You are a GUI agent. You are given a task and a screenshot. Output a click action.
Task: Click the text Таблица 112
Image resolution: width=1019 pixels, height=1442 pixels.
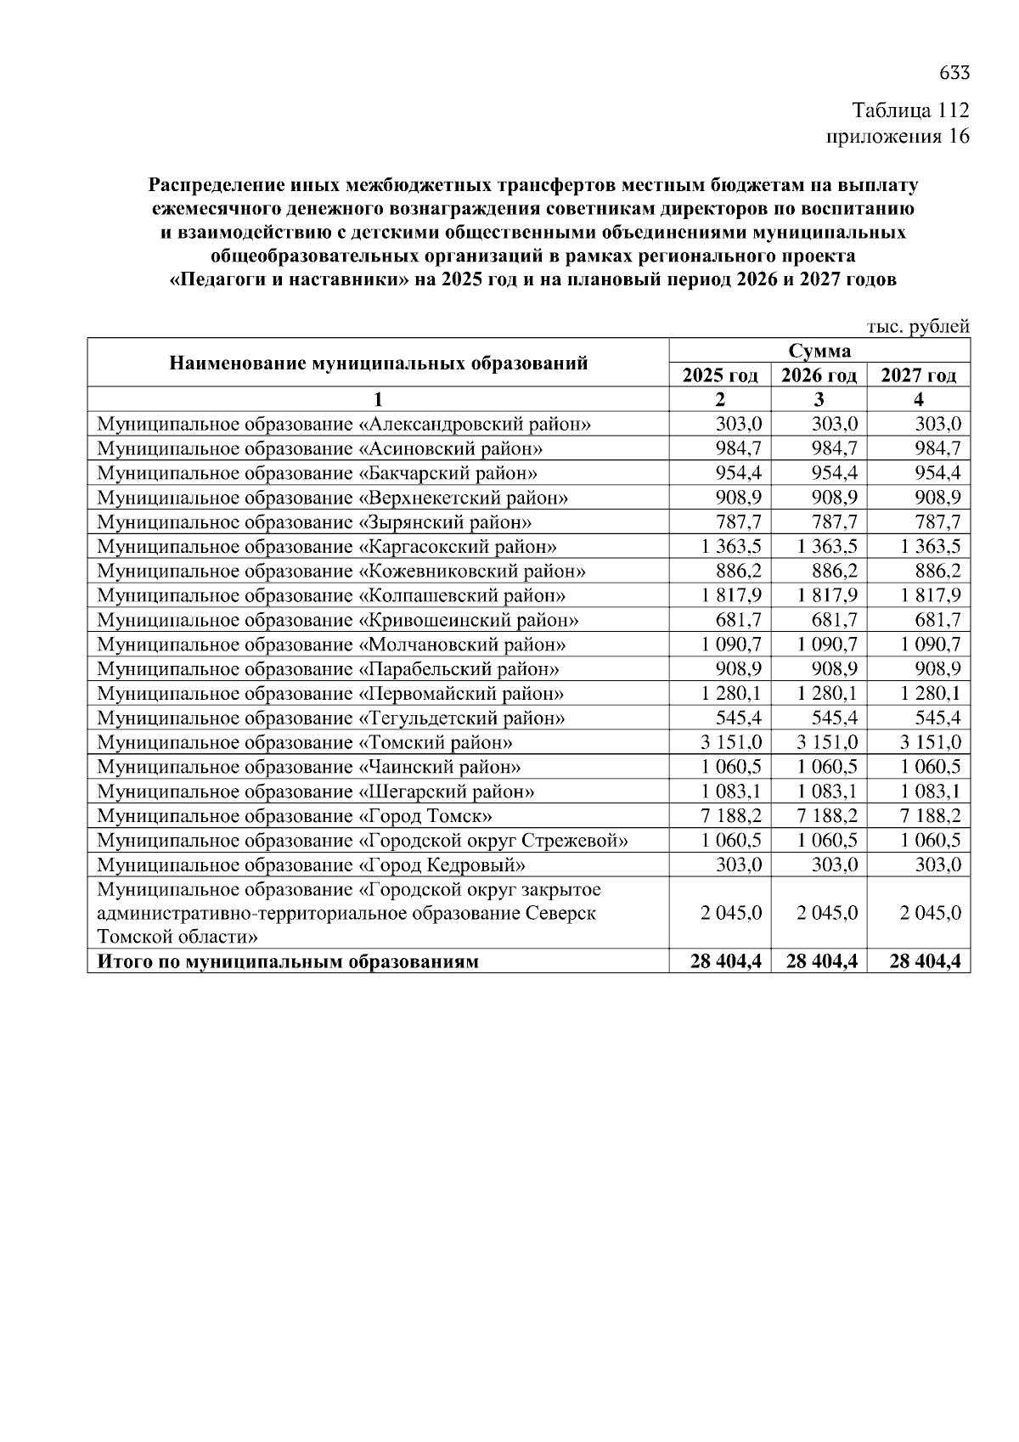click(910, 110)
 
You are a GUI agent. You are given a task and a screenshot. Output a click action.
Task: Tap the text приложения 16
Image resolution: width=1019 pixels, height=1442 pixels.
click(898, 136)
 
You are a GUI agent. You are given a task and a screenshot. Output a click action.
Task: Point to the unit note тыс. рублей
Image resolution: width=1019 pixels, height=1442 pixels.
click(918, 327)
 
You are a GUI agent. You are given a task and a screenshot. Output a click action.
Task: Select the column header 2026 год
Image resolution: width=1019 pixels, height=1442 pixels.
click(819, 375)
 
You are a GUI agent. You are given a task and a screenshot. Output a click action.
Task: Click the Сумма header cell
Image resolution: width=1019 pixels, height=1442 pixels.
click(819, 351)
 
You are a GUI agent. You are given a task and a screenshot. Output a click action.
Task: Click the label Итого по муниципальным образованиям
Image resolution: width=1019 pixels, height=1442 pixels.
click(288, 962)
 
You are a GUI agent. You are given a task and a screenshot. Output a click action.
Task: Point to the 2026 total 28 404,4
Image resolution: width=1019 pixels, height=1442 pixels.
click(822, 962)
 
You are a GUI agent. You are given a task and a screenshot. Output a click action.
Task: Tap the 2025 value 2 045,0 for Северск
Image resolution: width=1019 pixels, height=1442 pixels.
click(732, 914)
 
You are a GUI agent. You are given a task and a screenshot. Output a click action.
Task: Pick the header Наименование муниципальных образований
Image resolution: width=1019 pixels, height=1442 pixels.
click(379, 363)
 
